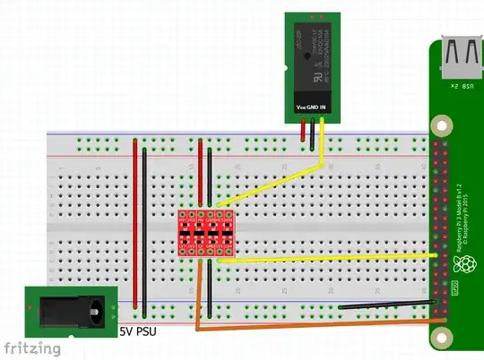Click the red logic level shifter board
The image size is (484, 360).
coord(207,234)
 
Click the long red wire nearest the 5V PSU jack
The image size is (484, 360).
coord(137,224)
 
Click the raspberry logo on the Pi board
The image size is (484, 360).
coord(465,264)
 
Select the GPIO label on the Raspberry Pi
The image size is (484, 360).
coord(454,288)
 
